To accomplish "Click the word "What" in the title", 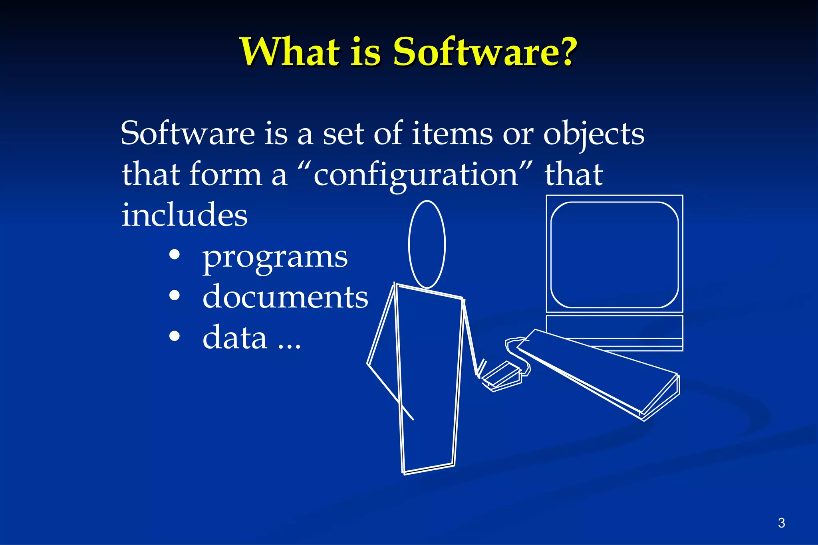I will tap(291, 52).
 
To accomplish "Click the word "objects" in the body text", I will tap(594, 134).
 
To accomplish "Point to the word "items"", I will tap(452, 133).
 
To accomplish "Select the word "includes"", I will tap(185, 215).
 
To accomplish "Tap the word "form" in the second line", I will tap(225, 174).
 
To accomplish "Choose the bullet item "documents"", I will tap(285, 297).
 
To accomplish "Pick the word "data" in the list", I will tap(235, 337).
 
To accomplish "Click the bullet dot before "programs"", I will tap(175, 255).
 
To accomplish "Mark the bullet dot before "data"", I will tap(175, 336).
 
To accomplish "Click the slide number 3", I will tap(781, 523).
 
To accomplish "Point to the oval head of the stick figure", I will tap(427, 244).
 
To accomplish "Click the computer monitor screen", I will tap(614, 255).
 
